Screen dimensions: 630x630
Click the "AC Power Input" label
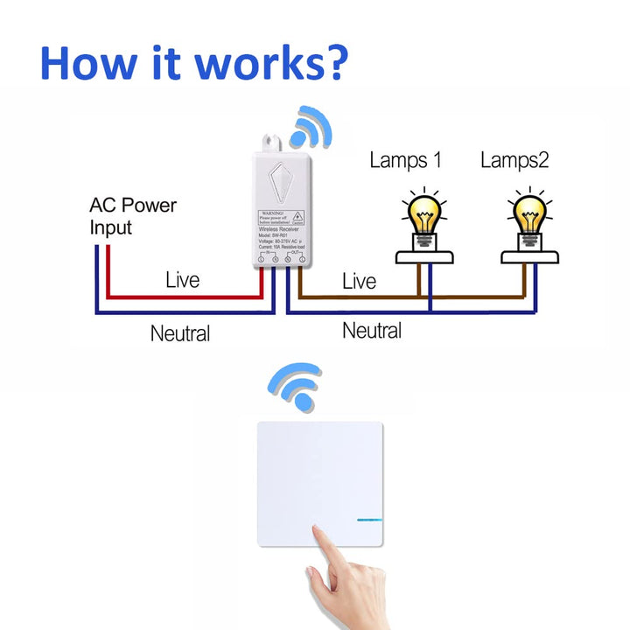tap(132, 216)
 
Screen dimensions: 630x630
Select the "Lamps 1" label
tap(405, 160)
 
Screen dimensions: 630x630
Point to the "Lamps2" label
tap(514, 160)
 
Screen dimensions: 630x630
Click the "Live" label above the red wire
tap(183, 280)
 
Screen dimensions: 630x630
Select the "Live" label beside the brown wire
tap(359, 281)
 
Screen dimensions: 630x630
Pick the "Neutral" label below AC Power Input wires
tap(180, 333)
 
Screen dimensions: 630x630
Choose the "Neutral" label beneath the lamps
tap(372, 331)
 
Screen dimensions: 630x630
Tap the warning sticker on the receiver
tap(281, 219)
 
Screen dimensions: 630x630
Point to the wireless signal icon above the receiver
tap(311, 127)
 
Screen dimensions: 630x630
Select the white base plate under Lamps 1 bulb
tap(424, 257)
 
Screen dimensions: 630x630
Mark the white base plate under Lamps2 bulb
tap(531, 257)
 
